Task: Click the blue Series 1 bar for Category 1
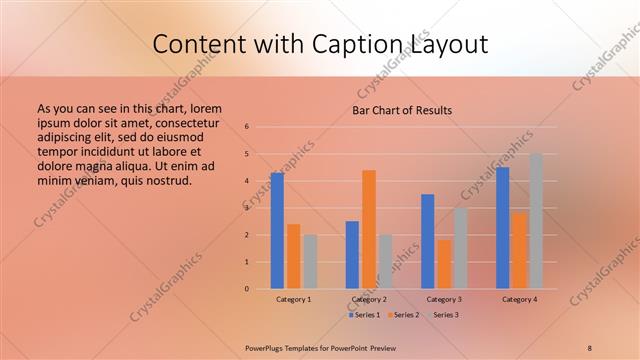(277, 231)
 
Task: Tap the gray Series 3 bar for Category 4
(536, 221)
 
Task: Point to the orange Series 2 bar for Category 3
(444, 264)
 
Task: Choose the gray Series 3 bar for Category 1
(310, 262)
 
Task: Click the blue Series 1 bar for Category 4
(503, 228)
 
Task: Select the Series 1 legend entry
(363, 315)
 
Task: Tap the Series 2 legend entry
(403, 315)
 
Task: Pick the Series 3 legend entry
(443, 315)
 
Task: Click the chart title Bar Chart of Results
(402, 110)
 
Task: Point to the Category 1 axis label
(294, 299)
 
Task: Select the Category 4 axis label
(519, 299)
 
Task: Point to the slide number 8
(590, 349)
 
